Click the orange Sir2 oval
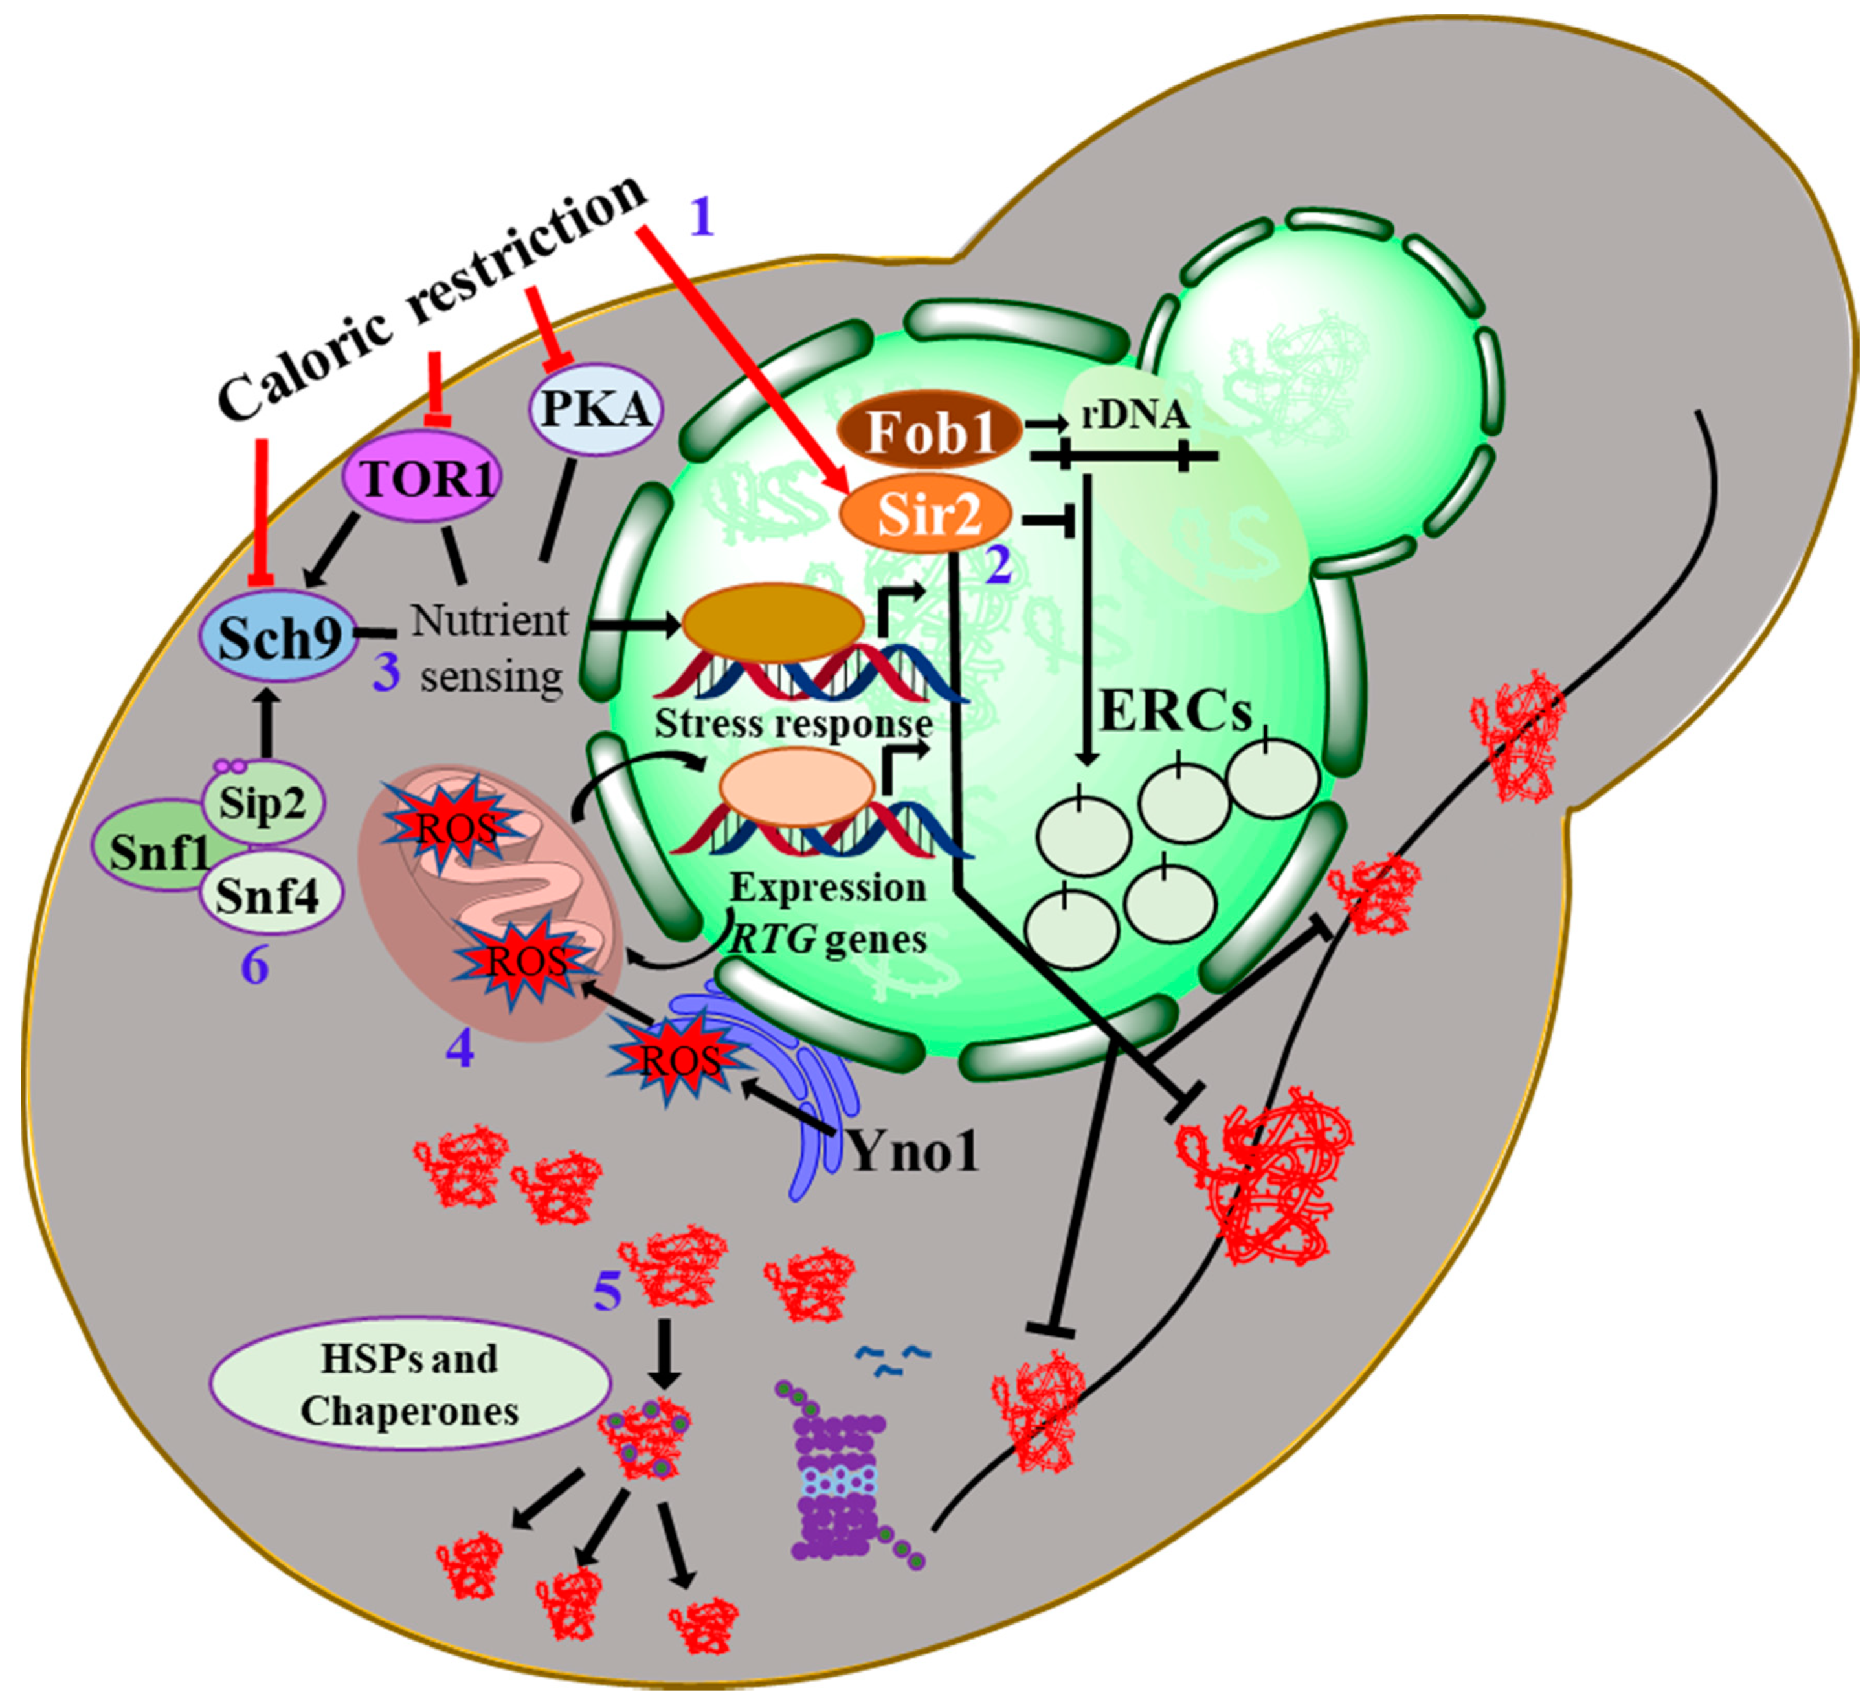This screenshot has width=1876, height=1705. point(926,513)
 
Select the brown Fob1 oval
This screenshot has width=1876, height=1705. point(930,432)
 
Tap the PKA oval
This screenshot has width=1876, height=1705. point(596,409)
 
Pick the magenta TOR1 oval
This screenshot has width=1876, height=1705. point(421,479)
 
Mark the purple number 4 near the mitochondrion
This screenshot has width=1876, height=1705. point(460,1049)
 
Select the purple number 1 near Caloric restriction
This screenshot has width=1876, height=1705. point(702,218)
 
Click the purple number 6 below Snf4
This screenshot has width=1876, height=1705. point(255,966)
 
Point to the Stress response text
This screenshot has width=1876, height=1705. point(793,723)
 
